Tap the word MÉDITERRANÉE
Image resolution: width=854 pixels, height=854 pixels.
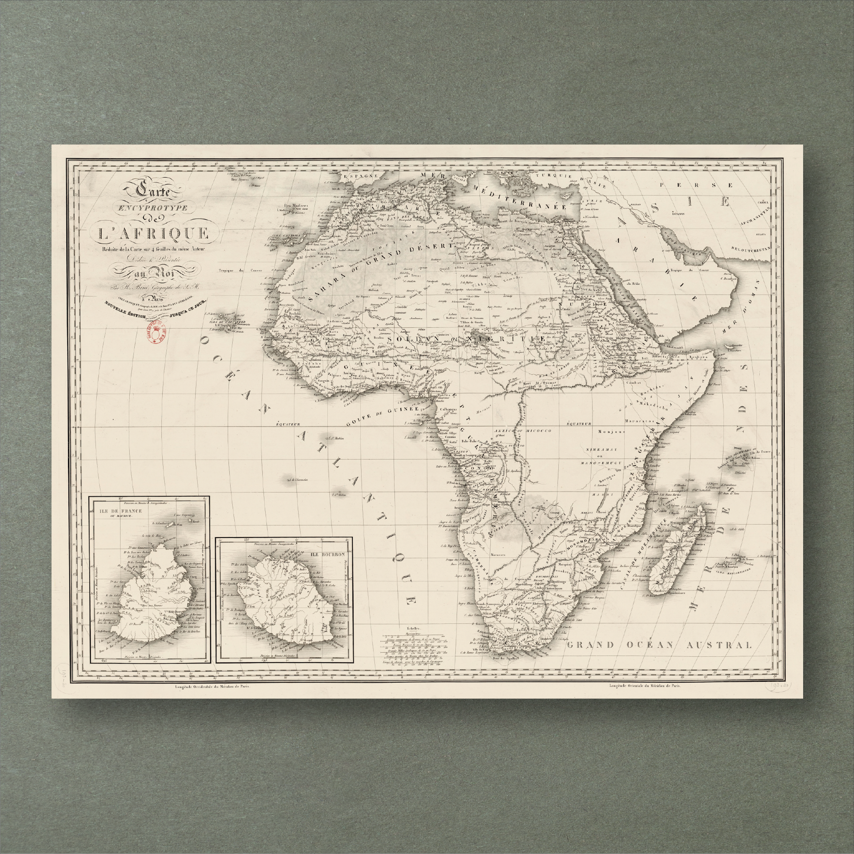pyautogui.click(x=515, y=197)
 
